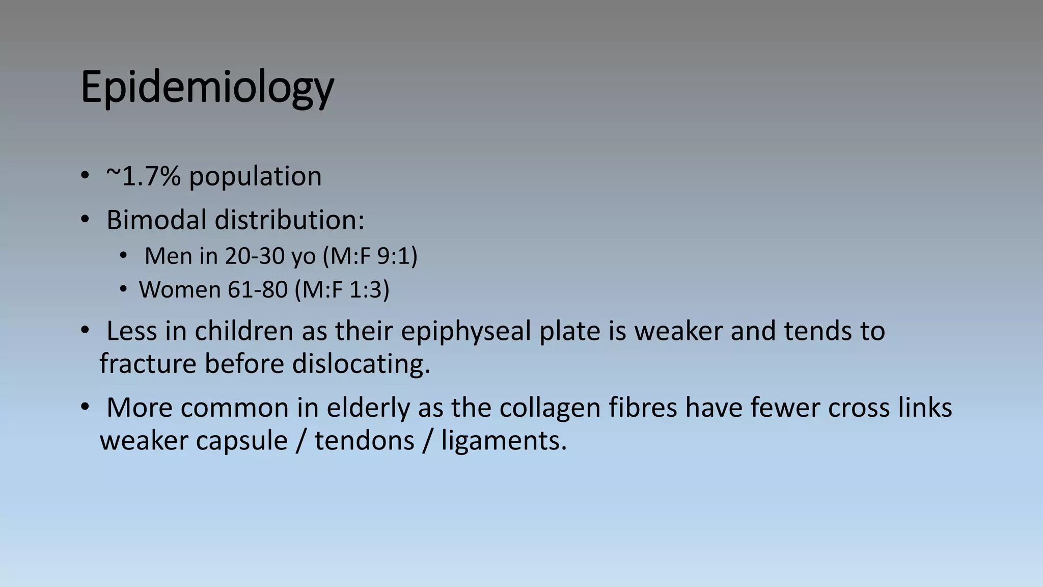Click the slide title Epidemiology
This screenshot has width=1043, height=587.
click(x=207, y=88)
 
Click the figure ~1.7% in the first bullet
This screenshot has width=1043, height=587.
click(x=143, y=176)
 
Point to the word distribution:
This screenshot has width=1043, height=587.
click(x=289, y=220)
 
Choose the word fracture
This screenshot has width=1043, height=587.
click(x=148, y=364)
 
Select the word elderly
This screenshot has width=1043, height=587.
click(x=368, y=408)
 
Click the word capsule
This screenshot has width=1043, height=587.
click(x=241, y=441)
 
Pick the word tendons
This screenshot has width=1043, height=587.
click(x=364, y=440)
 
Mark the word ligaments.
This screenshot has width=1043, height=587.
click(x=503, y=441)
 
